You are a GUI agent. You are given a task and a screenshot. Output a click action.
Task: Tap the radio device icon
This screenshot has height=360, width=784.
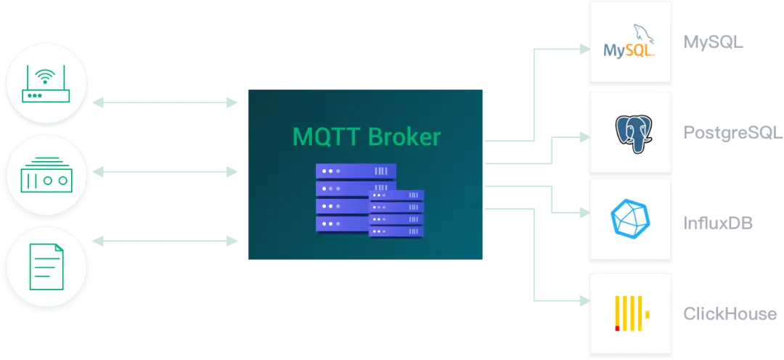[x=46, y=173]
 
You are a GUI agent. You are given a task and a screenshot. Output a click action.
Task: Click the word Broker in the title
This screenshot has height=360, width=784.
[x=404, y=136]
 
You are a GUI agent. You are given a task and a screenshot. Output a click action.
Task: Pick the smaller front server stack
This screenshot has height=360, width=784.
[x=396, y=213]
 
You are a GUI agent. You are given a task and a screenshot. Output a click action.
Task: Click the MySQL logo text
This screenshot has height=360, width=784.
[x=629, y=51]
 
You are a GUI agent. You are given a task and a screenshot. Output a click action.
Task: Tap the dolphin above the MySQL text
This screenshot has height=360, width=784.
[x=640, y=33]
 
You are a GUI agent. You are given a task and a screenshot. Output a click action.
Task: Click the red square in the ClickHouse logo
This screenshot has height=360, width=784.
[x=617, y=328]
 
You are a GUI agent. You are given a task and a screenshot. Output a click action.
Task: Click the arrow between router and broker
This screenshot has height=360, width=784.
[x=167, y=103]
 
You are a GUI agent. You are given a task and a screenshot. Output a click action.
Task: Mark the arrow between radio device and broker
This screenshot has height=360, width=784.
[x=167, y=173]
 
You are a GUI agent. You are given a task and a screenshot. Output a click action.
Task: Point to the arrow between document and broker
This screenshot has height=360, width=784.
[x=167, y=239]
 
